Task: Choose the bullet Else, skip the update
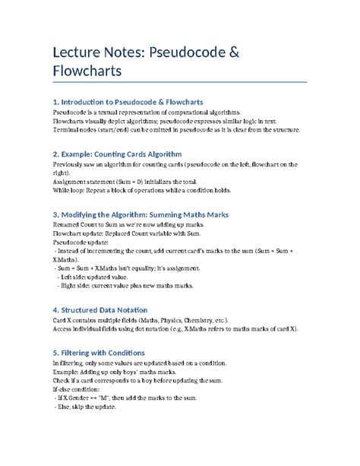tap(85, 407)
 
